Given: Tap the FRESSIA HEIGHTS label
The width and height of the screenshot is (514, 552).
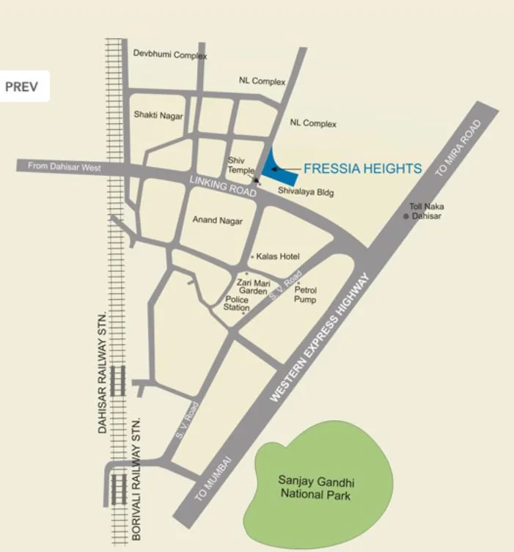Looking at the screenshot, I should [x=362, y=169].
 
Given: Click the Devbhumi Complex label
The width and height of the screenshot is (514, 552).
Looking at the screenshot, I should [x=170, y=54].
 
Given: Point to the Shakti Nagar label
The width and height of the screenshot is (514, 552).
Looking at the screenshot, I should [x=158, y=115].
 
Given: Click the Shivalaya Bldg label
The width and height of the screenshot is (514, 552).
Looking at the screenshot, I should [x=306, y=191].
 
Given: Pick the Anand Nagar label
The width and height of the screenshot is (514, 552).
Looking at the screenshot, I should [x=218, y=220].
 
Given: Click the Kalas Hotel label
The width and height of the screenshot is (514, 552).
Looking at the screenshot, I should [x=278, y=257].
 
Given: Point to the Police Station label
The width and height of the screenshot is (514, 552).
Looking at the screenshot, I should [x=237, y=304].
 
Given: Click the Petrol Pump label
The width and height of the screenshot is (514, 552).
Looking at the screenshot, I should [x=306, y=295].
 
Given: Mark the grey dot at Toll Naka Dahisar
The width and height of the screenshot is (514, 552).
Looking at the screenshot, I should [x=405, y=216].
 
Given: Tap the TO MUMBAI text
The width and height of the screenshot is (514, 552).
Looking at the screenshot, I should [x=213, y=477].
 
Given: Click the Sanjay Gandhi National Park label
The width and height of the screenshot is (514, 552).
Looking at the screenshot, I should [x=316, y=488].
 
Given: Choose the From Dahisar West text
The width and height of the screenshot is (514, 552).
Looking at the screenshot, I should [x=64, y=166].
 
